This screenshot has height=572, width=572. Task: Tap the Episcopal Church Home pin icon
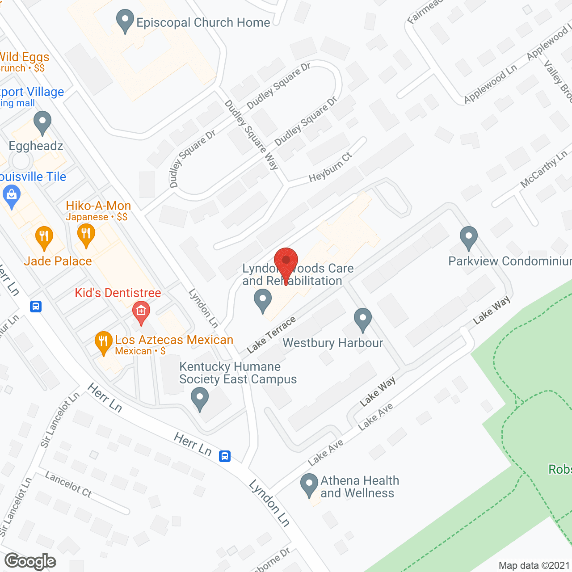125,21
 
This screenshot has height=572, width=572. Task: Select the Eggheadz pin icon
42,122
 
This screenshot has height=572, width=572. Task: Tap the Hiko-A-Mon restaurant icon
86,234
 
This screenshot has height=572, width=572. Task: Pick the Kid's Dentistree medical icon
141,311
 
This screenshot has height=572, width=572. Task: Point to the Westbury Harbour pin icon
363,319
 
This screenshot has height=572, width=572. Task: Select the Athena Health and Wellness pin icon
309,484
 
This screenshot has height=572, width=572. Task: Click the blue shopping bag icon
12,196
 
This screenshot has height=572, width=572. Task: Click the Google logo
30,561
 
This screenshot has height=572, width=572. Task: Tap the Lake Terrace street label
271,335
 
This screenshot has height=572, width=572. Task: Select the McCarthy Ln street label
543,169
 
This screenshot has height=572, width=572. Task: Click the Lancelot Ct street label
68,484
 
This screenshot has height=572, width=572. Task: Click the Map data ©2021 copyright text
534,566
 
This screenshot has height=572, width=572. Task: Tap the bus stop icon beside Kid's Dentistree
36,307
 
